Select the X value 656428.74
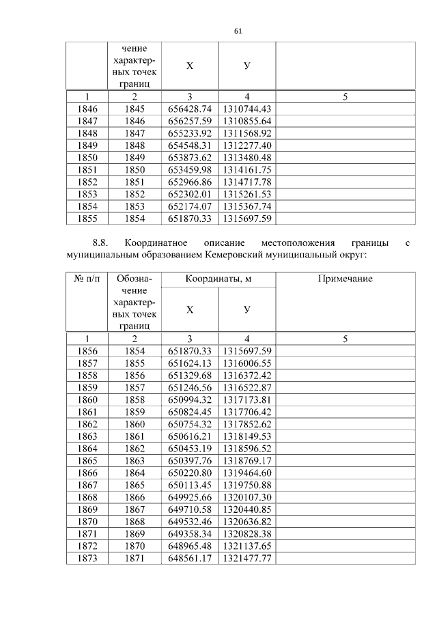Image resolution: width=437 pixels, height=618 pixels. pos(190,109)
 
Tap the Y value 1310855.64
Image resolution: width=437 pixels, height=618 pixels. pos(247,121)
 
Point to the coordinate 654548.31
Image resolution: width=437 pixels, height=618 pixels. pos(190,145)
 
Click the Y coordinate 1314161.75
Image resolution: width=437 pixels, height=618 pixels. pos(247,170)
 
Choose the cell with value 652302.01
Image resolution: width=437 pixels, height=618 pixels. pos(190,195)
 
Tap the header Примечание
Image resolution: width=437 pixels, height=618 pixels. pos(345,280)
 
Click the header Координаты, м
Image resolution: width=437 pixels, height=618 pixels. pos(218,280)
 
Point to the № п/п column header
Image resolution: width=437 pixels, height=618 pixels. pos(86,280)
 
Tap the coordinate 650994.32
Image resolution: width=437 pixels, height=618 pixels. pos(190,399)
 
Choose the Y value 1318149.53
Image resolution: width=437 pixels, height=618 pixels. pos(247,436)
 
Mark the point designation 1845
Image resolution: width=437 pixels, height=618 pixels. pos(135,109)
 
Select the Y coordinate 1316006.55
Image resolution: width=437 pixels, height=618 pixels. pos(247,363)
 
